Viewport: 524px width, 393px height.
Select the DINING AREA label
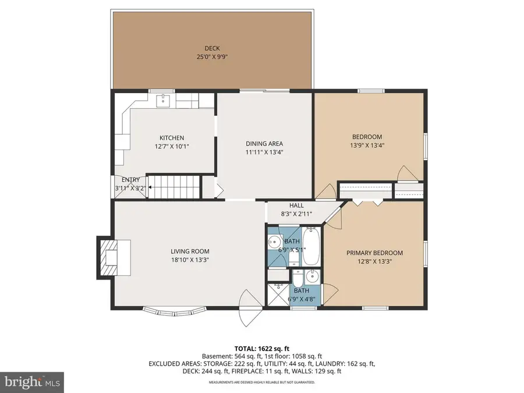pos(264,144)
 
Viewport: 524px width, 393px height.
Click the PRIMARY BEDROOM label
pos(374,253)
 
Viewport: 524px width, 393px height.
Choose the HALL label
pos(297,206)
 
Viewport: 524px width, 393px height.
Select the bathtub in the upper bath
pos(311,247)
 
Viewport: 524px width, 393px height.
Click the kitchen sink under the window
pos(165,101)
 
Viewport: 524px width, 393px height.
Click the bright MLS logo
pos(32,383)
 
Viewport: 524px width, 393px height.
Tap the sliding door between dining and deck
pos(265,90)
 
